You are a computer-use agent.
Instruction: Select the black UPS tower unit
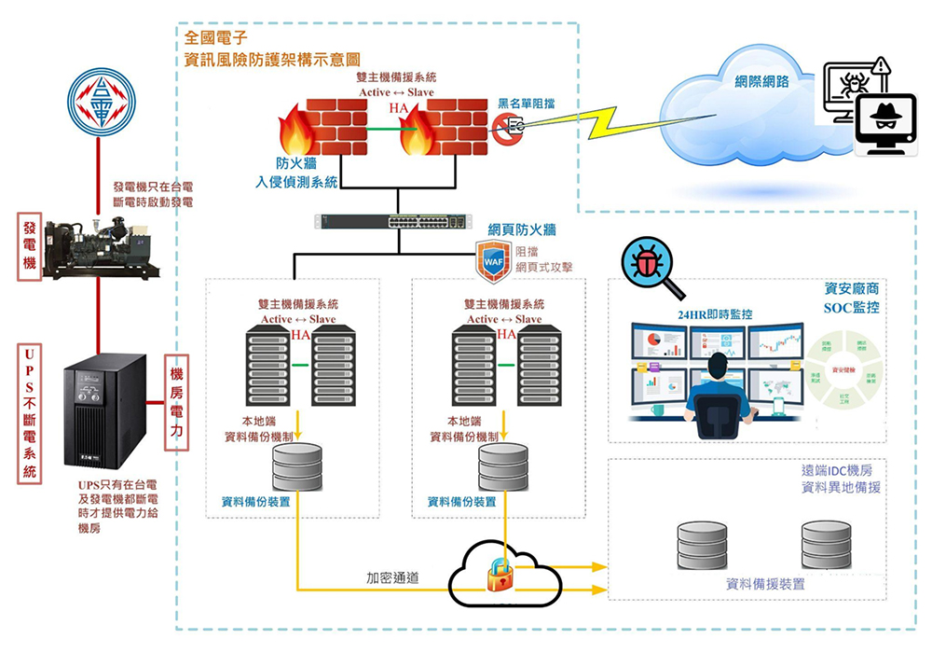tap(104, 415)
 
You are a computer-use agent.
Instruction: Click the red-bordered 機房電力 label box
tap(177, 403)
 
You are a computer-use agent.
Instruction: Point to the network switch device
tap(390, 223)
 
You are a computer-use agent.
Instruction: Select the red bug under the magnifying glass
tap(645, 263)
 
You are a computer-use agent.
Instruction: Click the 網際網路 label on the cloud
tap(761, 81)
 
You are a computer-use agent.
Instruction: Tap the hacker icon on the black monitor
tap(884, 120)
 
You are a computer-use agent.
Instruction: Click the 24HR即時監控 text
tap(714, 314)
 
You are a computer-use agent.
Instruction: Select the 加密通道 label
tap(391, 578)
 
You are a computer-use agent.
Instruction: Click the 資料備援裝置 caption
tap(765, 585)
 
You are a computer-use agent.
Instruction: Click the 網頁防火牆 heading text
tap(522, 229)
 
